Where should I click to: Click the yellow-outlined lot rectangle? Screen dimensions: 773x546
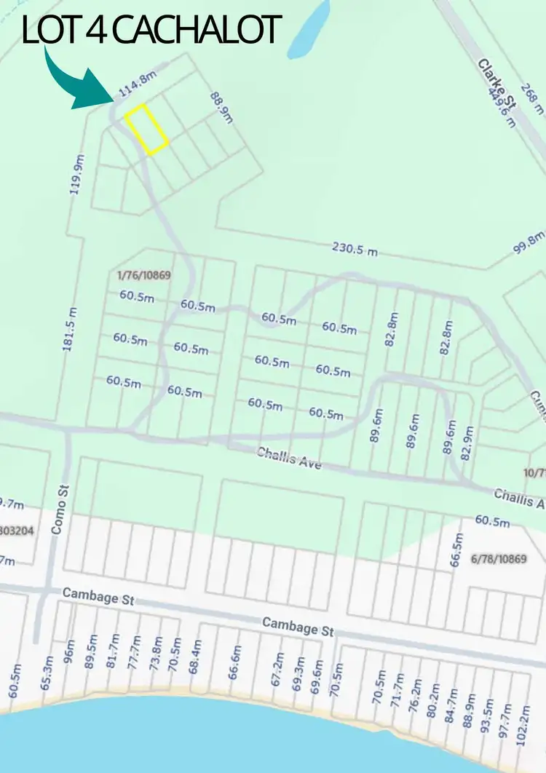pos(147,129)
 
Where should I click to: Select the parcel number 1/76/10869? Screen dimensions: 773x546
pos(143,276)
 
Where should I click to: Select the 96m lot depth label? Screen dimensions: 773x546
pos(70,651)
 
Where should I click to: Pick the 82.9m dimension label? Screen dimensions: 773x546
pos(467,442)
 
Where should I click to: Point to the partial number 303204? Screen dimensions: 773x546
pos(16,531)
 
